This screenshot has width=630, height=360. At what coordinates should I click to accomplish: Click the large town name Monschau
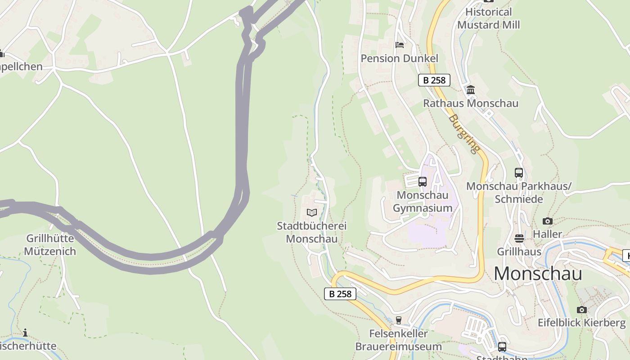coord(538,274)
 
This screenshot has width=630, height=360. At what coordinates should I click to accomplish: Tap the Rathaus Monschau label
coord(471,103)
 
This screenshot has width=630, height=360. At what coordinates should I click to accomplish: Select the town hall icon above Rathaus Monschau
coord(471,90)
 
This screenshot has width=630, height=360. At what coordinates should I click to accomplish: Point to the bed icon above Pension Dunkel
coord(399,45)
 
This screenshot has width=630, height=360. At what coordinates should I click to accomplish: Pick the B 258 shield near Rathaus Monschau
coord(434,80)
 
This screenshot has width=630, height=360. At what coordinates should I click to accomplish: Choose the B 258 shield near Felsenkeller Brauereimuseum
coord(340,294)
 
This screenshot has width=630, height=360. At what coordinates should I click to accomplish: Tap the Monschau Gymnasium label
coord(423,202)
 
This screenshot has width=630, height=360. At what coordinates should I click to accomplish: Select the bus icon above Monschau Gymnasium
coord(422,182)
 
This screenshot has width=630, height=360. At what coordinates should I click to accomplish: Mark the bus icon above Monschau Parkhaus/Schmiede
coord(518,172)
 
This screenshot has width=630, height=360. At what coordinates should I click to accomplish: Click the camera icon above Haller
coord(547,221)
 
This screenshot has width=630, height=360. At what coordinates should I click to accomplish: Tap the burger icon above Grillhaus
coord(519,238)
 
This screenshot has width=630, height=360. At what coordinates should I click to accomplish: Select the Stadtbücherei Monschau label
coord(311,232)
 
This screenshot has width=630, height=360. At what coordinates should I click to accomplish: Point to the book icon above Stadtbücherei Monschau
coord(311,212)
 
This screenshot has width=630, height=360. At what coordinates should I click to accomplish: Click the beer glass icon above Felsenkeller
coord(398,320)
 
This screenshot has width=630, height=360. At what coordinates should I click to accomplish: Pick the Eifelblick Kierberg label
coord(581,323)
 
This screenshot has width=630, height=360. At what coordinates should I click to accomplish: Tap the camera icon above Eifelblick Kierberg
coord(581,310)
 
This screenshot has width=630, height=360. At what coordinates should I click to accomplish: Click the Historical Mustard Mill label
coord(488,18)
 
